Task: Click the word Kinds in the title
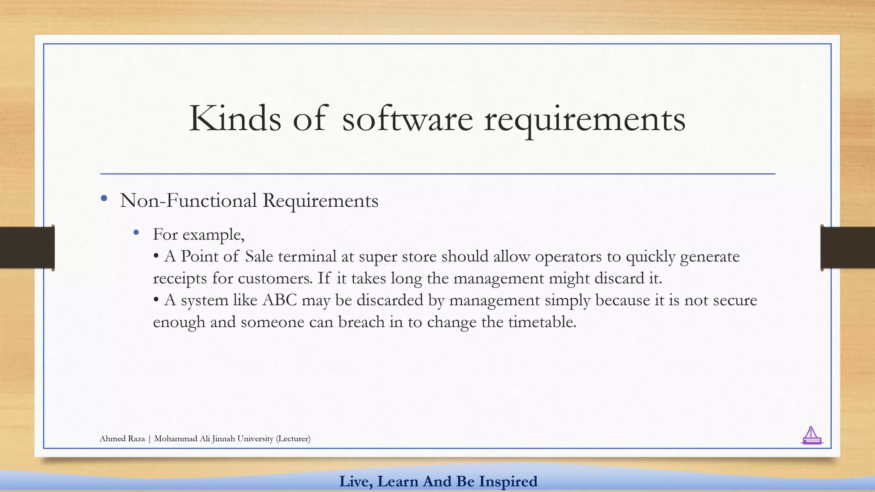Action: [235, 118]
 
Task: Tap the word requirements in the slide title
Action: [584, 120]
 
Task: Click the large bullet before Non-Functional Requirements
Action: [104, 198]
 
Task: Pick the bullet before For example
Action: [136, 232]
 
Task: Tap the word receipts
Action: [180, 279]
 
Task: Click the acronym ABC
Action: [279, 300]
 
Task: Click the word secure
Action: [735, 300]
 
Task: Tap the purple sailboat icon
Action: [811, 436]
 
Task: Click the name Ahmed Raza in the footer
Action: [122, 439]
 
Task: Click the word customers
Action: [275, 279]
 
